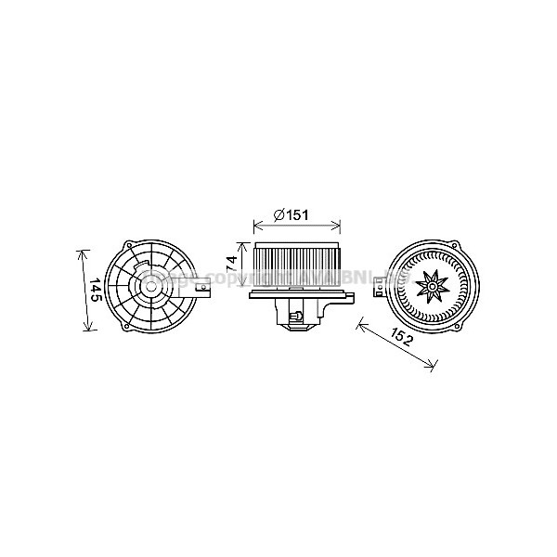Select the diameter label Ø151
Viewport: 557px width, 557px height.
point(291,215)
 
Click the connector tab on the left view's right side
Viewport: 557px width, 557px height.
point(209,291)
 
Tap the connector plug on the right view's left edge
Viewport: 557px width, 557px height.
point(378,290)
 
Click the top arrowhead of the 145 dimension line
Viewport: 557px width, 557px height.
point(83,251)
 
